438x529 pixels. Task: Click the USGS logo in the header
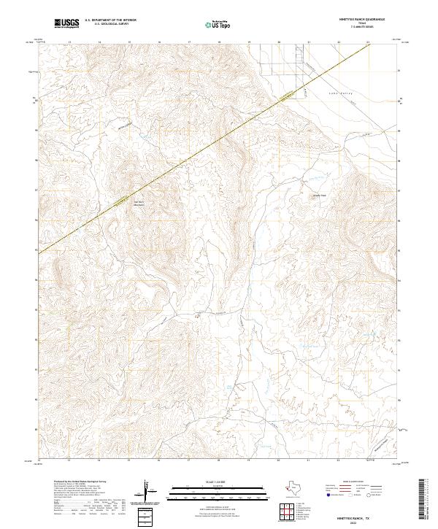67,23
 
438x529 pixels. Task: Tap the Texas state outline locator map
296,488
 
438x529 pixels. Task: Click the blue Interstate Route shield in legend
328,495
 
